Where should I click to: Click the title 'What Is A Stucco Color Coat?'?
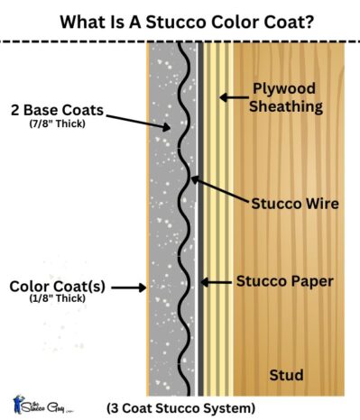pos(180,17)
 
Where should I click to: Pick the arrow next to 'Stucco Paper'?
pos(217,282)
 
